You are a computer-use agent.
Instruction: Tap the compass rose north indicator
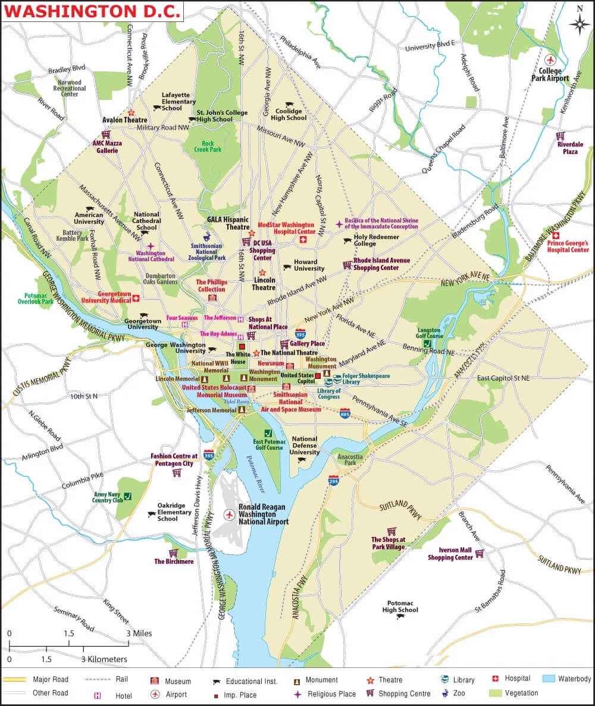point(579,23)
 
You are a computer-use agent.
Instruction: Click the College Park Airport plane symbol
point(550,60)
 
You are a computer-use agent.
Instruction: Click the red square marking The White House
point(242,346)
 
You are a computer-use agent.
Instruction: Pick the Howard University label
point(309,265)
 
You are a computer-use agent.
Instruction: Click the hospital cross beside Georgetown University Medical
point(136,298)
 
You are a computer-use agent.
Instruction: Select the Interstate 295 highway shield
point(334,479)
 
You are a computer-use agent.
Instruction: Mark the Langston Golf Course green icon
point(427,343)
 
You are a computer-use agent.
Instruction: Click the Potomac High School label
point(400,606)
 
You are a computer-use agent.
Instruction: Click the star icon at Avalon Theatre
point(131,112)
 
